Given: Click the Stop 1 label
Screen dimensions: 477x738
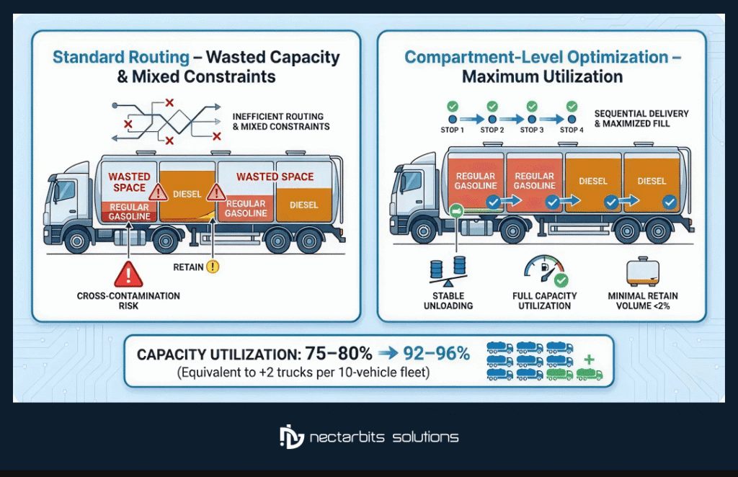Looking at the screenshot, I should click(453, 130).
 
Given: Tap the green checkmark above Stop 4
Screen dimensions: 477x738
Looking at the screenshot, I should click(572, 105).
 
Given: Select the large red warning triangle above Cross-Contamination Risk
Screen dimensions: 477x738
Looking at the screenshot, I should click(129, 275).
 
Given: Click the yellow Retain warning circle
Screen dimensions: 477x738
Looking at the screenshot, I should click(213, 267).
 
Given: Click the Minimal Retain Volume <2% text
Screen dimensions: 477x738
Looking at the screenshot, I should click(643, 300).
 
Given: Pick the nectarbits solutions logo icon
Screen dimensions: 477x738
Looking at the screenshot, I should click(291, 437).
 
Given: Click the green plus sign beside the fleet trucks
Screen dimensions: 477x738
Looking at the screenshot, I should click(590, 358).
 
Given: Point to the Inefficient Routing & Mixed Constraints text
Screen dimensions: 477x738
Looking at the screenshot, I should click(281, 121).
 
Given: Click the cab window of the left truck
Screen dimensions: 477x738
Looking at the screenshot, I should click(64, 191).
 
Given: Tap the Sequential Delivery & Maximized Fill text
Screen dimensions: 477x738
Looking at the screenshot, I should click(641, 119).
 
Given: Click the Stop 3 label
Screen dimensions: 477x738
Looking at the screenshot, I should click(532, 130).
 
